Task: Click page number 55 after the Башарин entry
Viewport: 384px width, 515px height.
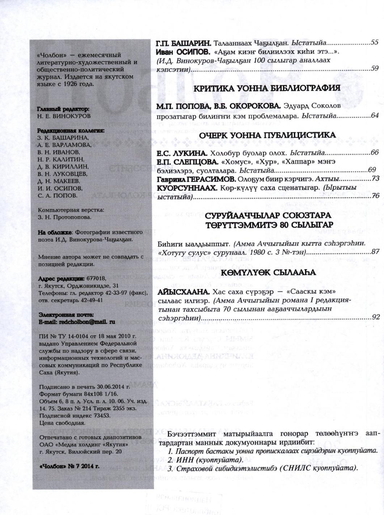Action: tap(375, 43)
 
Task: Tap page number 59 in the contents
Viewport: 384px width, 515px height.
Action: tap(375, 68)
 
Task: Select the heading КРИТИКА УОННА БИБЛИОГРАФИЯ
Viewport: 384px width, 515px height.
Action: tap(267, 88)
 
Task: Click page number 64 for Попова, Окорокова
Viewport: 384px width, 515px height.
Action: tap(375, 116)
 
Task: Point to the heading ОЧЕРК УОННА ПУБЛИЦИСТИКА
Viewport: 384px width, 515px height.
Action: tap(267, 135)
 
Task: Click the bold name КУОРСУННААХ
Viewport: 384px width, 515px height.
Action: tap(186, 188)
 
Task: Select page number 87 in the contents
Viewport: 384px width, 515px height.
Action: tap(375, 252)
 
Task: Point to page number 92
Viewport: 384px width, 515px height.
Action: tap(375, 317)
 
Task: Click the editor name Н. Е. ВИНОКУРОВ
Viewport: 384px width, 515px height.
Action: tap(64, 116)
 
